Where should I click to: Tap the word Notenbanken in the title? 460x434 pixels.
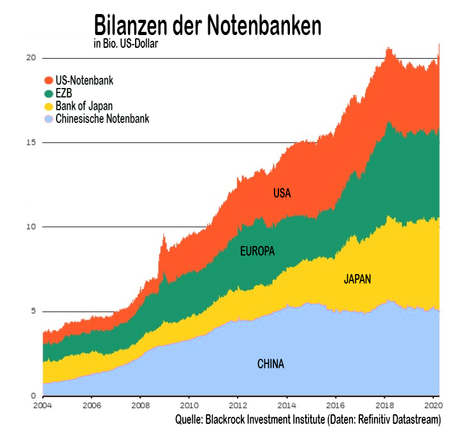click(x=267, y=25)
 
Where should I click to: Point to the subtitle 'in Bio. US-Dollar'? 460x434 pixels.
click(x=126, y=44)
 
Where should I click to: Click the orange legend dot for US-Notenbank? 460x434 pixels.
click(x=48, y=81)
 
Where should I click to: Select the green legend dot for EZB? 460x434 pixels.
click(x=48, y=94)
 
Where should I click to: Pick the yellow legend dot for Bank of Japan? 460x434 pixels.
click(x=48, y=106)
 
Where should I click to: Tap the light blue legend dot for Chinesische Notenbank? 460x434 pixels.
click(x=48, y=119)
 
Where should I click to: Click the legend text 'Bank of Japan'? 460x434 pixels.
click(x=84, y=106)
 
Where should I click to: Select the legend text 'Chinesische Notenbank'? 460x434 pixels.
click(x=103, y=119)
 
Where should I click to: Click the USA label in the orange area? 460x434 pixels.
click(x=282, y=193)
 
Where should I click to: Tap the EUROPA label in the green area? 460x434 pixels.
click(x=257, y=251)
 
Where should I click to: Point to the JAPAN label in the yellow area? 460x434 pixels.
click(x=357, y=279)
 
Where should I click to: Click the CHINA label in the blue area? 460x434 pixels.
click(x=270, y=365)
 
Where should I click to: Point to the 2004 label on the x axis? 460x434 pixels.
click(x=43, y=405)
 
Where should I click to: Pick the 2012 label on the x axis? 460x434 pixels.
click(x=237, y=405)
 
